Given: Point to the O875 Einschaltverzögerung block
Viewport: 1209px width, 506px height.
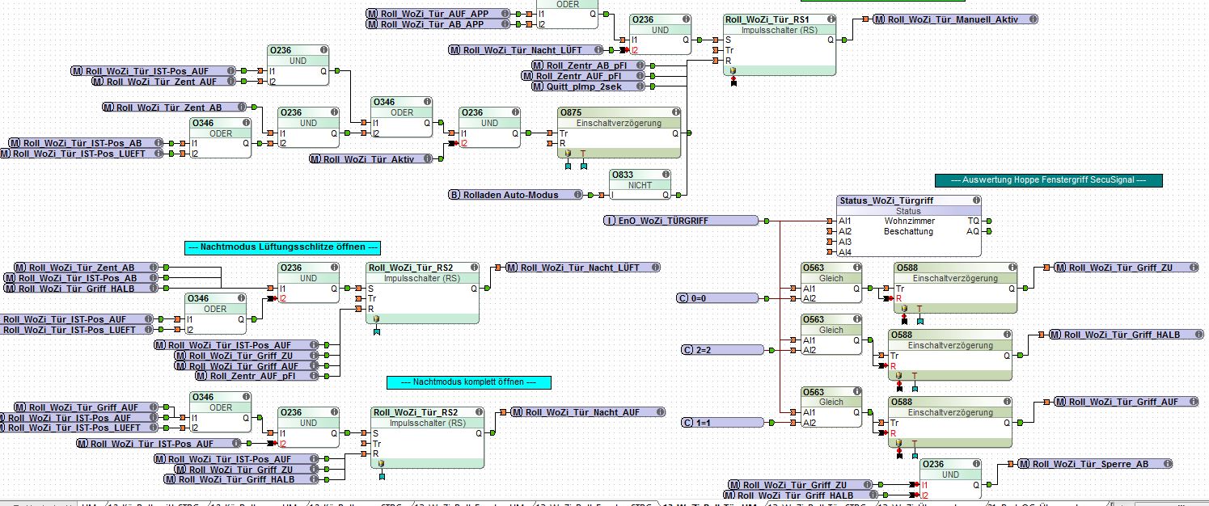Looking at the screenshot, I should point(619,123).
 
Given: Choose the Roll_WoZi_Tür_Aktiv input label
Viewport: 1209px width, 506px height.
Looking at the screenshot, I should point(368,159).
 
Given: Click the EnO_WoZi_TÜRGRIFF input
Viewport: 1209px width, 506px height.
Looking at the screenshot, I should point(681,221).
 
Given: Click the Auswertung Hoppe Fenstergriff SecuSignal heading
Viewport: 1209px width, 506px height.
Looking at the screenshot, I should point(1048,181).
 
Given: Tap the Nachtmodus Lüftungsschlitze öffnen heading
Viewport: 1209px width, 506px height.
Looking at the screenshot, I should point(282,247).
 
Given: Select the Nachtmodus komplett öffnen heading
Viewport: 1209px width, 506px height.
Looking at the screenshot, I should point(469,382).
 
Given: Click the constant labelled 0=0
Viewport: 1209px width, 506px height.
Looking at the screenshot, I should point(718,299).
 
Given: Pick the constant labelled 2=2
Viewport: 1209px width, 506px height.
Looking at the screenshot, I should point(721,350).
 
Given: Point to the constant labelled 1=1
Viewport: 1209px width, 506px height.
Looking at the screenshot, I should point(721,423).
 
